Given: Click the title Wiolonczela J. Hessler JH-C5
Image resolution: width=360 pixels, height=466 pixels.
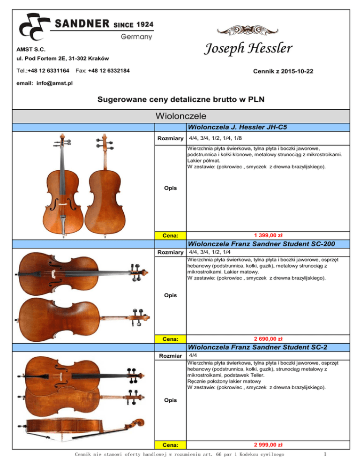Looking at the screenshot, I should pyautogui.click(x=237, y=127).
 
